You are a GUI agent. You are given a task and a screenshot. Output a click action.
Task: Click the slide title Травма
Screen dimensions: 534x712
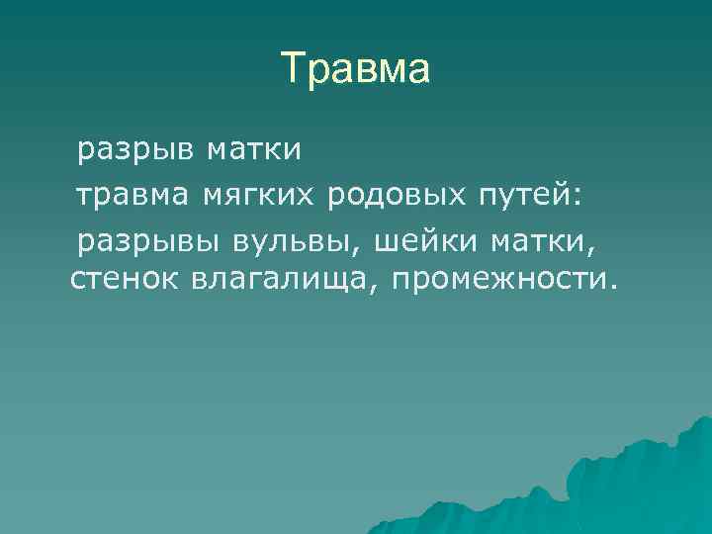[x=356, y=70]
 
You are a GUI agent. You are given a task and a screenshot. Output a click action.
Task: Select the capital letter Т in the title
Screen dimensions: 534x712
[x=293, y=70]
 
